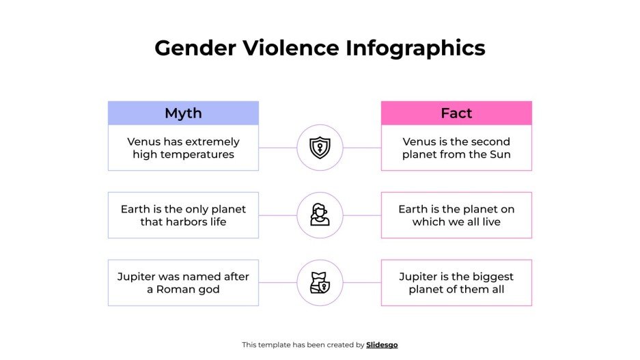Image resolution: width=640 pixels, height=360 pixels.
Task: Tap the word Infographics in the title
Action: click(x=415, y=48)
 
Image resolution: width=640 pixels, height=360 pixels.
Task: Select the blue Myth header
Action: click(x=183, y=113)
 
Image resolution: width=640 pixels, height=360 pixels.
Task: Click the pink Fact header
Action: click(x=456, y=113)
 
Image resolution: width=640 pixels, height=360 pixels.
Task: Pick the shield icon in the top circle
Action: click(x=320, y=148)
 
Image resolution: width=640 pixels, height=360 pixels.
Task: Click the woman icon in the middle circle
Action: click(x=320, y=215)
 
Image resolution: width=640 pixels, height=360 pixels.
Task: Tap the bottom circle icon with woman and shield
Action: click(x=320, y=283)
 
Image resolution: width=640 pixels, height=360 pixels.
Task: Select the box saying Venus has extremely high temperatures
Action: click(x=183, y=148)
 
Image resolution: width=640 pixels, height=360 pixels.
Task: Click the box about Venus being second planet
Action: click(x=456, y=148)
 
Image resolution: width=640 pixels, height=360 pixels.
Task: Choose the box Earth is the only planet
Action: click(x=183, y=215)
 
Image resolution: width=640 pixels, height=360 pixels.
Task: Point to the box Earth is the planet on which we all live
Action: click(x=456, y=215)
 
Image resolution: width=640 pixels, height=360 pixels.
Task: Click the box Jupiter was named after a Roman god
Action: click(x=183, y=283)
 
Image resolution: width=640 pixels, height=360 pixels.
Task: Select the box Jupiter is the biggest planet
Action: click(x=456, y=283)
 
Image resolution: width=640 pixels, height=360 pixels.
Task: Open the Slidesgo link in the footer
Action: click(x=382, y=345)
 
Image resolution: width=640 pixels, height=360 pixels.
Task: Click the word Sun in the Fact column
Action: click(x=500, y=154)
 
